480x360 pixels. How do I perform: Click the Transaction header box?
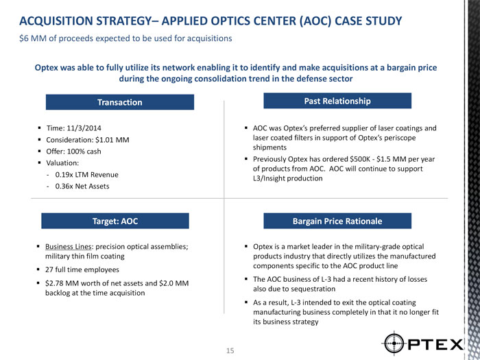pyautogui.click(x=120, y=102)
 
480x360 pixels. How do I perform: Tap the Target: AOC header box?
pyautogui.click(x=115, y=221)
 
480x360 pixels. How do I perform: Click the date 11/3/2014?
pyautogui.click(x=86, y=129)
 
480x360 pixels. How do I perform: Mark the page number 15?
pyautogui.click(x=230, y=350)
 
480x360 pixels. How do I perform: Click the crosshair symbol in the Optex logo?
pyautogui.click(x=398, y=341)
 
